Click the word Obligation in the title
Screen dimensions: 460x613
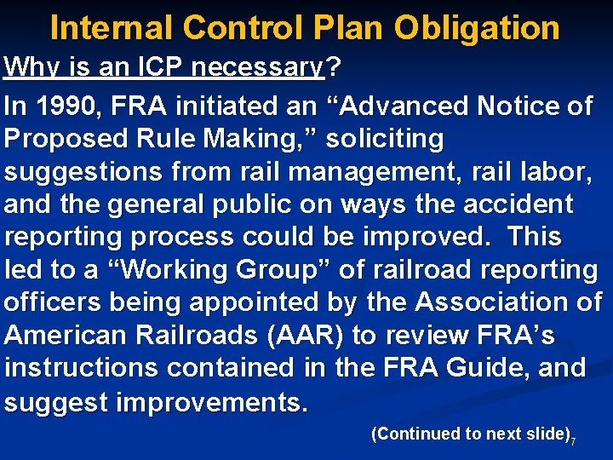(476, 28)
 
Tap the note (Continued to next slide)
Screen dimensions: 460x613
(470, 434)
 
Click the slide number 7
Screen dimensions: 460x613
(574, 441)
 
